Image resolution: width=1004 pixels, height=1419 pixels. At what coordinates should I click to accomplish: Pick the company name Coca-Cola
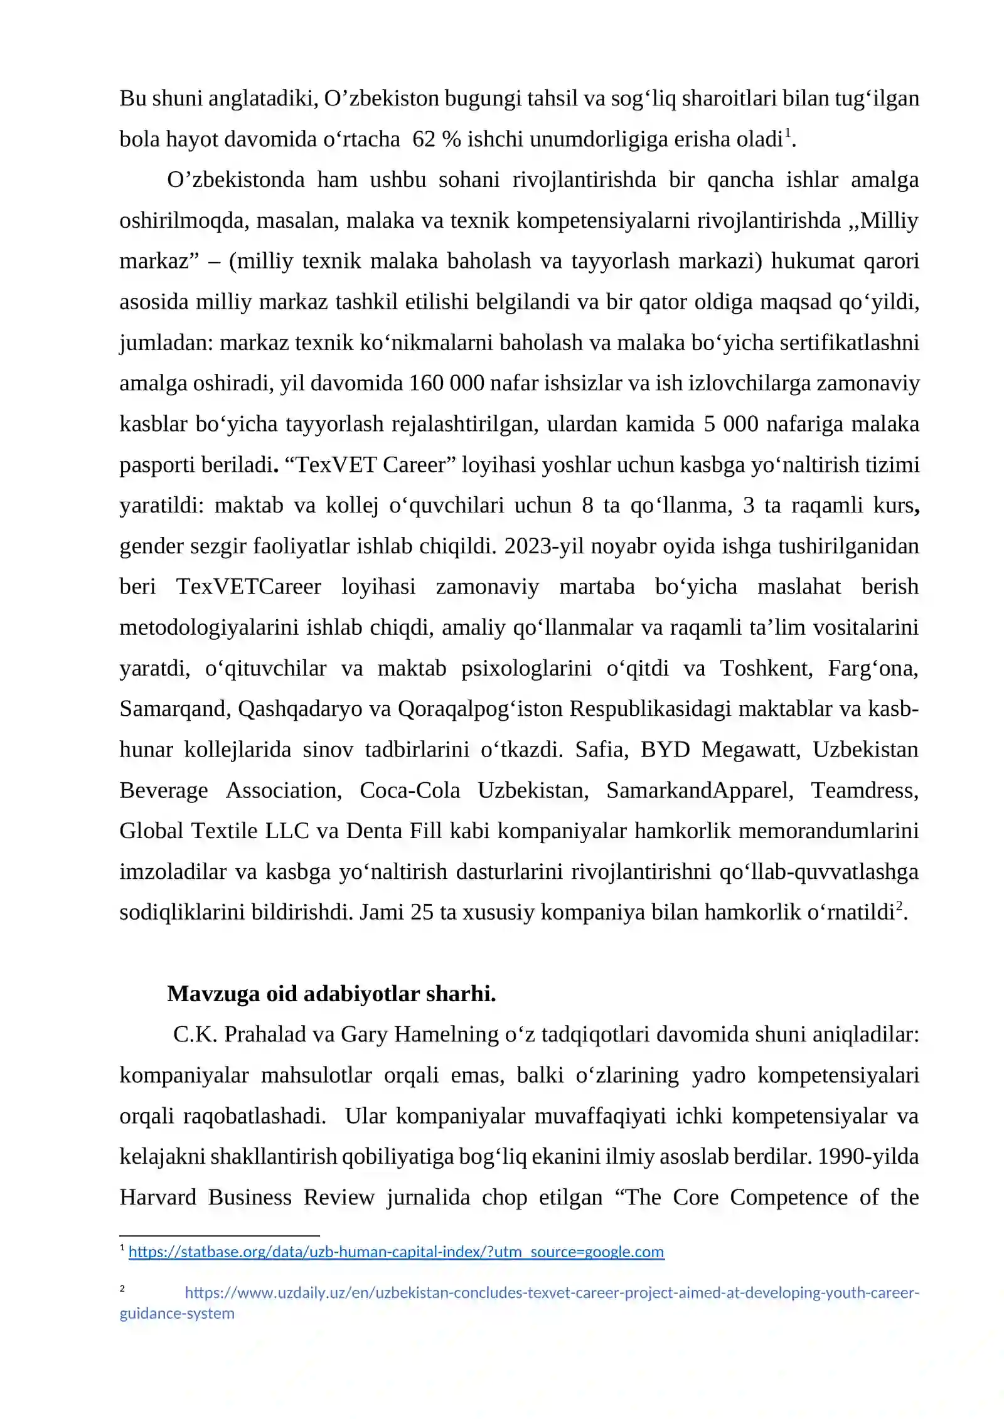tap(410, 790)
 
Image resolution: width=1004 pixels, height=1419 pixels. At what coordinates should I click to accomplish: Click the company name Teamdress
tap(864, 790)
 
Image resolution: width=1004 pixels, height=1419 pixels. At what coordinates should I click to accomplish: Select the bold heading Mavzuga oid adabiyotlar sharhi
tap(331, 994)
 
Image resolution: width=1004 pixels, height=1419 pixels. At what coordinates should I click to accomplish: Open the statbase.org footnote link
tap(396, 1252)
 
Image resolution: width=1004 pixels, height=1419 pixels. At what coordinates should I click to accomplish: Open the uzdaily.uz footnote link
tap(551, 1293)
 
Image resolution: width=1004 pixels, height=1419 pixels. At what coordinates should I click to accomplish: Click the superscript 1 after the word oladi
tap(788, 132)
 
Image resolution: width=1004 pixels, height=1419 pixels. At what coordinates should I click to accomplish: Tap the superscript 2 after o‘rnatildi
tap(899, 905)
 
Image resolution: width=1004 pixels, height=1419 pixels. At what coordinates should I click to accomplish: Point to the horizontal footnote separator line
tap(220, 1236)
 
